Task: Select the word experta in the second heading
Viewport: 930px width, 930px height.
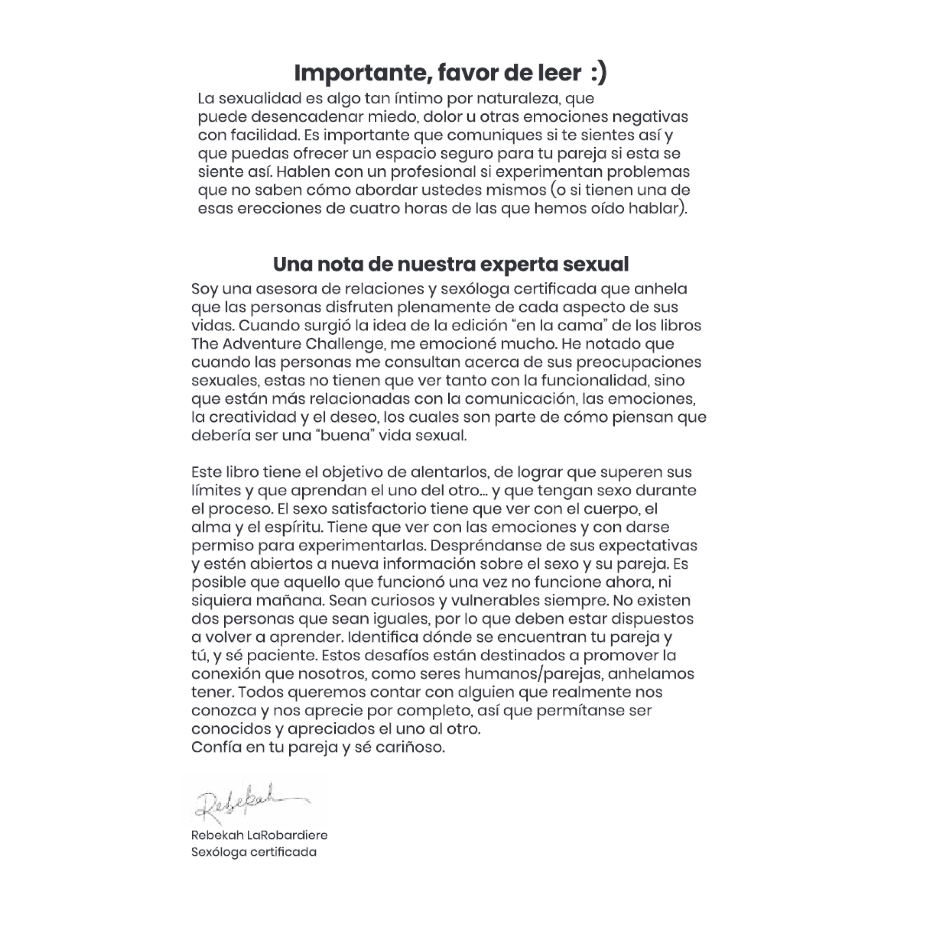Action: pyautogui.click(x=518, y=265)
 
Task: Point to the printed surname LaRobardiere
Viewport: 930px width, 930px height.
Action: pyautogui.click(x=287, y=835)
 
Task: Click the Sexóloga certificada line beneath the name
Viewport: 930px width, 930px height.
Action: pyautogui.click(x=254, y=852)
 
